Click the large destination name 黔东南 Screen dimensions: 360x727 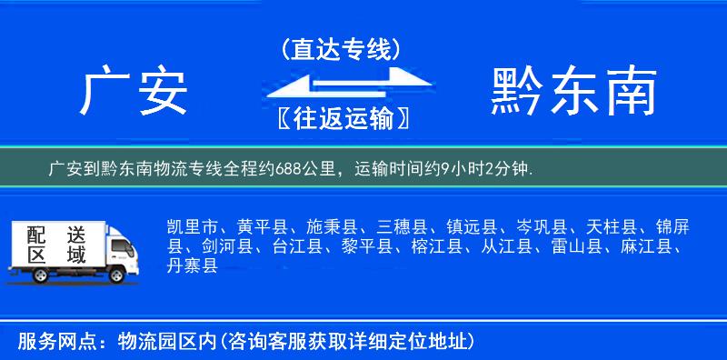point(573,94)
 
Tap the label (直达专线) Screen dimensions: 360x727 point(340,49)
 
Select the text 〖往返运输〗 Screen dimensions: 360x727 point(340,119)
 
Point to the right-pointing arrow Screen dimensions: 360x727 point(373,77)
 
